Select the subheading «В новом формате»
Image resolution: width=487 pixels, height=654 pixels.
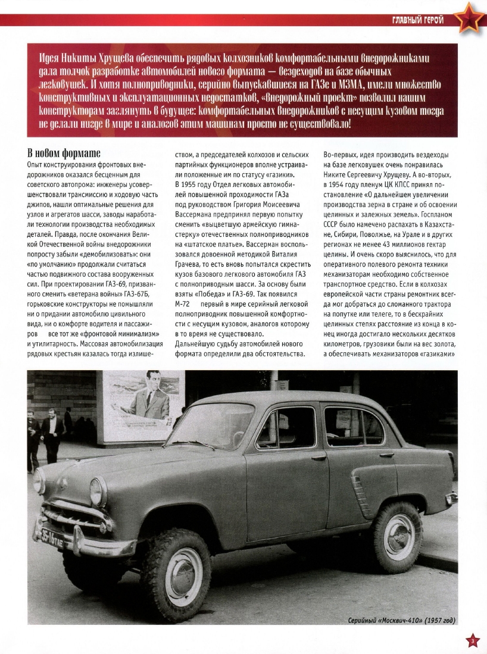[64, 152]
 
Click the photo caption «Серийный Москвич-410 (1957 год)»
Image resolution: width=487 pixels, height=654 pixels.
[401, 620]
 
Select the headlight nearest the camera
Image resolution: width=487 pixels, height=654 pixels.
[98, 492]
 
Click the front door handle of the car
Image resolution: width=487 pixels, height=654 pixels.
[319, 458]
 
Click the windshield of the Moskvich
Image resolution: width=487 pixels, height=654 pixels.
[211, 425]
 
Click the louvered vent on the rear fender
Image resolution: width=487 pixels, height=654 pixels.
[360, 488]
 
